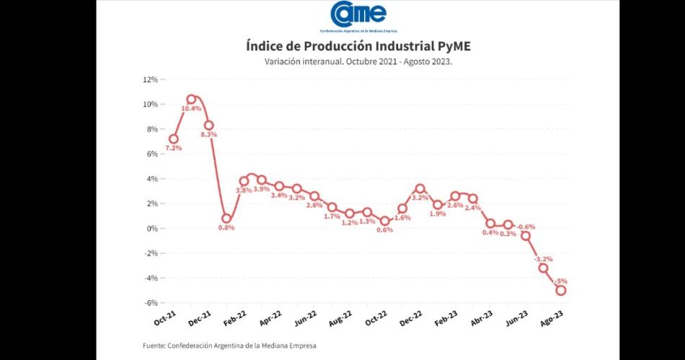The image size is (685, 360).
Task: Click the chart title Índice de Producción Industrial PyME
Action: [358, 47]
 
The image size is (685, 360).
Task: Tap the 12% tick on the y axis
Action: [151, 79]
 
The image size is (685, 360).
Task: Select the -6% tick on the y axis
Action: [151, 303]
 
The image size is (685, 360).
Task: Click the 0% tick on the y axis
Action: [152, 229]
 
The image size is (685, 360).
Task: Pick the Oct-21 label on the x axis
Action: [166, 318]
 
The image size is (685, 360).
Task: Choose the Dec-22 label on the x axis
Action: [411, 318]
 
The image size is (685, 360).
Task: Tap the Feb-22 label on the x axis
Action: [235, 318]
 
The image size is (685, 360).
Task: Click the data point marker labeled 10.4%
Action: [191, 100]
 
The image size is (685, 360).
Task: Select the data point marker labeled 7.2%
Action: [174, 139]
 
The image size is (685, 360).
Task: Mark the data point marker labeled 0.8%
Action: [226, 219]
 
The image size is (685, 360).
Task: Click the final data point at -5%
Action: [560, 291]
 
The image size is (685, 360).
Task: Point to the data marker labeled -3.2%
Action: [543, 268]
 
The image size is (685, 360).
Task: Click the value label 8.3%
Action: [209, 134]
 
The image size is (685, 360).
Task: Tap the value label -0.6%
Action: [526, 227]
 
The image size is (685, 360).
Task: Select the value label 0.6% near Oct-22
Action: [385, 230]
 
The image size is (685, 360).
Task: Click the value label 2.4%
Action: [473, 208]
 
